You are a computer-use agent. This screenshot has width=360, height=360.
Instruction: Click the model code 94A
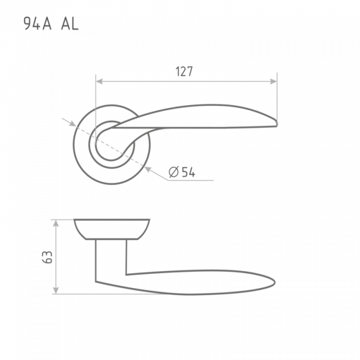click(38, 24)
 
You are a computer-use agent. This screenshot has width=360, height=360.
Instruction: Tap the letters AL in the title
click(70, 24)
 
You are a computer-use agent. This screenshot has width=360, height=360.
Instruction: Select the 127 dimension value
click(184, 71)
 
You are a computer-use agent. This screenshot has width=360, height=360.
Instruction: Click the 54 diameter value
click(188, 172)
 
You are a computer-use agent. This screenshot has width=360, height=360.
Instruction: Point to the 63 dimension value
click(48, 258)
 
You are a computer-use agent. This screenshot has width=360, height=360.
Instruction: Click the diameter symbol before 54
click(173, 172)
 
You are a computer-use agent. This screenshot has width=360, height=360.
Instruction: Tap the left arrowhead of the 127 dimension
click(99, 81)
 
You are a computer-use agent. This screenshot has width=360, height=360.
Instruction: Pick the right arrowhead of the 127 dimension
click(274, 81)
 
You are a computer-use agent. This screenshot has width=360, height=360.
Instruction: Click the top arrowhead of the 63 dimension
click(56, 223)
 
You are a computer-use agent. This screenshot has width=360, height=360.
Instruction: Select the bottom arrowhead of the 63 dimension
click(56, 290)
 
